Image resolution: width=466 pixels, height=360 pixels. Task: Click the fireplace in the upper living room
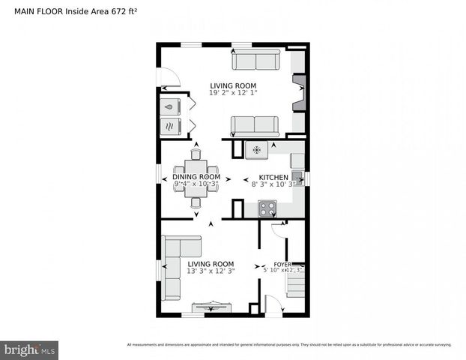[x=298, y=93]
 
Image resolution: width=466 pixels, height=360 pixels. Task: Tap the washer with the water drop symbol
[x=170, y=106]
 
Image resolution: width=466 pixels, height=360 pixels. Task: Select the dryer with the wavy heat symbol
[x=170, y=125]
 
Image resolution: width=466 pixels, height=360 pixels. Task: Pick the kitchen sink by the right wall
[x=297, y=178]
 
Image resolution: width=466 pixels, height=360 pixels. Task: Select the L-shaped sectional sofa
[x=177, y=262]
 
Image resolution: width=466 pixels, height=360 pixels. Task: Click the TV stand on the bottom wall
[x=211, y=306]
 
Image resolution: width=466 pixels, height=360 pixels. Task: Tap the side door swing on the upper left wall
[x=169, y=78]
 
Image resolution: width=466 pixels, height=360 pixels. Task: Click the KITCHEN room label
[x=273, y=177]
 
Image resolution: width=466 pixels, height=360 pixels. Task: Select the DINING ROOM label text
[x=197, y=177]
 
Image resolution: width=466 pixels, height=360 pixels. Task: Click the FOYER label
[x=282, y=264]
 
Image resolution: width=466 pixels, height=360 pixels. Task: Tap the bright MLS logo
[x=29, y=349]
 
